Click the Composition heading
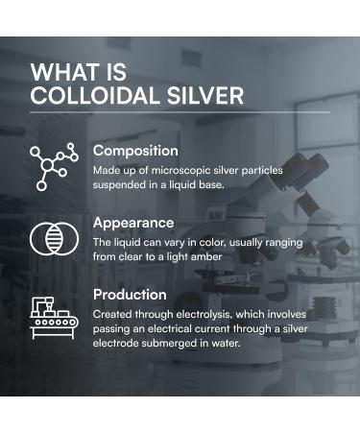point(135,151)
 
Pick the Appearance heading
point(133,223)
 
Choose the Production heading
point(130,295)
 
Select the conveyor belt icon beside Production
point(53,313)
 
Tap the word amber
point(204,256)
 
